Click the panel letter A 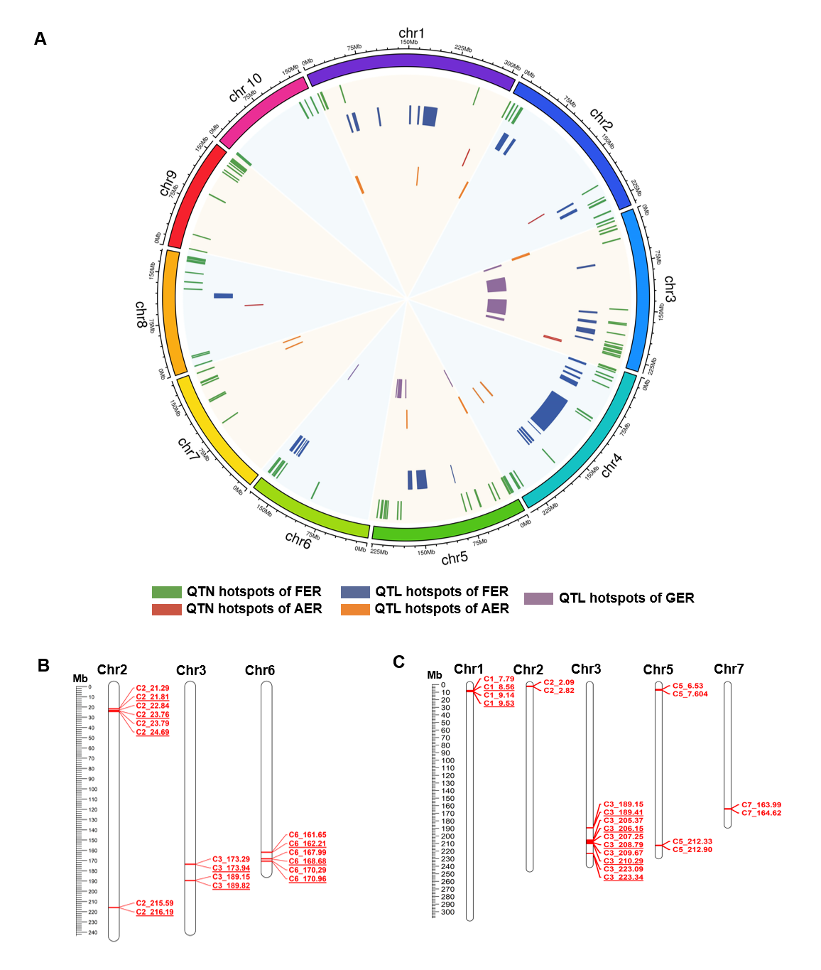40,39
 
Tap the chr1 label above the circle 411,33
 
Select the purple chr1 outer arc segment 410,62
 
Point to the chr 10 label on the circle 245,87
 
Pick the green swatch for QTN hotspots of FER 166,592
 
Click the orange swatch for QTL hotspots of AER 355,609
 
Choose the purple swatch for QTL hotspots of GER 538,598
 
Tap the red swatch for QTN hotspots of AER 166,609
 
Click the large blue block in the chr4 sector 550,411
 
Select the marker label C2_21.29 153,688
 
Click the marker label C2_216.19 155,912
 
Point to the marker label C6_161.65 308,835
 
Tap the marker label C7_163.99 761,805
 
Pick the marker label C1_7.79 499,679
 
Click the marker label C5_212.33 692,841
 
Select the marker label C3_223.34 624,877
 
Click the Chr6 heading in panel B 260,671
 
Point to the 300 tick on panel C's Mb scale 447,912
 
